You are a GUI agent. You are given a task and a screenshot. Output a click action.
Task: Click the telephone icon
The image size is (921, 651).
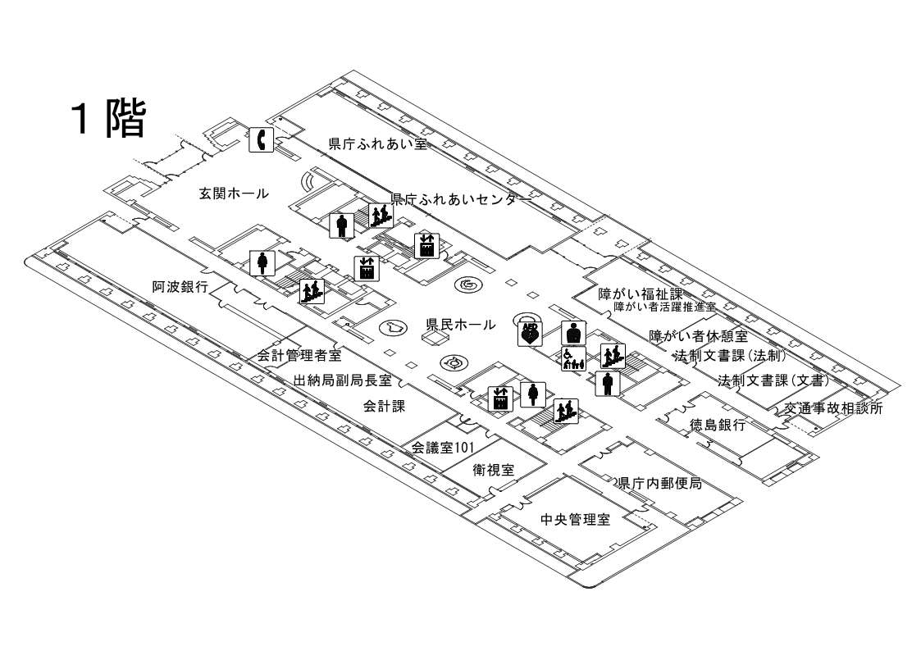tap(261, 140)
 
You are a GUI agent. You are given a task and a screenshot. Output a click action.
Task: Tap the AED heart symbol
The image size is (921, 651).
tap(530, 332)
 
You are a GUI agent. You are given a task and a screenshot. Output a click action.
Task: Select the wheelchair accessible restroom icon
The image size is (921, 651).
tap(572, 358)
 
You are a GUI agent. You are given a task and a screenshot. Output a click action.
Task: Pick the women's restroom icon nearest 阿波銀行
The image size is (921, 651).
tap(262, 262)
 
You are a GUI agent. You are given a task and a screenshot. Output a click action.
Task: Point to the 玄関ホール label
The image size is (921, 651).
tap(234, 194)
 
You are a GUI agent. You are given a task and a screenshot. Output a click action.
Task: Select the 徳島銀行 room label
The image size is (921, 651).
tap(718, 425)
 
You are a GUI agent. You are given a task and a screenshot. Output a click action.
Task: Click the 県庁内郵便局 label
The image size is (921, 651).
tap(660, 483)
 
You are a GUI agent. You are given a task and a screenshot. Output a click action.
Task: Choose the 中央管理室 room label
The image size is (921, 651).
tap(576, 519)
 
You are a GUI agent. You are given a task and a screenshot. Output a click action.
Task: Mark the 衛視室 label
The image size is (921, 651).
tap(494, 470)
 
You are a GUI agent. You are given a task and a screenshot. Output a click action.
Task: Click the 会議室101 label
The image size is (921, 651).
tap(443, 448)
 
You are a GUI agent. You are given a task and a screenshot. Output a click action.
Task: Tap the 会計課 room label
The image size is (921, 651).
tap(385, 406)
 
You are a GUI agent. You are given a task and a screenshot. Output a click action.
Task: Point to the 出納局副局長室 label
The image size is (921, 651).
tap(342, 381)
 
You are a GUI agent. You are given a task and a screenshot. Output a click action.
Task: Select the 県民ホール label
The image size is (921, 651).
tap(461, 325)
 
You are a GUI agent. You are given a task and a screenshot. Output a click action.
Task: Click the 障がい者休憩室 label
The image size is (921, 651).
tap(698, 336)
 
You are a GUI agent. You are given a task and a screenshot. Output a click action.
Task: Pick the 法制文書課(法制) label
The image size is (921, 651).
tap(731, 357)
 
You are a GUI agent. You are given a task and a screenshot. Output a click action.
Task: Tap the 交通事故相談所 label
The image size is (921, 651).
tap(832, 407)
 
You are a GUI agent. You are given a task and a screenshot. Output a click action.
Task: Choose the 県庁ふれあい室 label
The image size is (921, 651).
tap(378, 143)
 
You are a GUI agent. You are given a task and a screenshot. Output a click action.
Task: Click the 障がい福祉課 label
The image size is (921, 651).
tap(641, 293)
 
